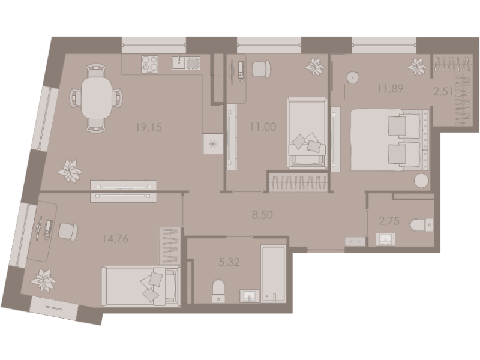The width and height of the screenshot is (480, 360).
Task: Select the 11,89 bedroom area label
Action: [389, 89]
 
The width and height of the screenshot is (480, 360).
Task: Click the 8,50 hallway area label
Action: [262, 214]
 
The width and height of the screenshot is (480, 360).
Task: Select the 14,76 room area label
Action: [115, 239]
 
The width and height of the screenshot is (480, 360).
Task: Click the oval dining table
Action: [96, 97]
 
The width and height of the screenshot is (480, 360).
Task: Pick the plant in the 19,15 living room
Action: [70, 170]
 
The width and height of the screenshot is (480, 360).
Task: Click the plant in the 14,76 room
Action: [43, 278]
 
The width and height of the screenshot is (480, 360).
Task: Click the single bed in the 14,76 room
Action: [142, 286]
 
